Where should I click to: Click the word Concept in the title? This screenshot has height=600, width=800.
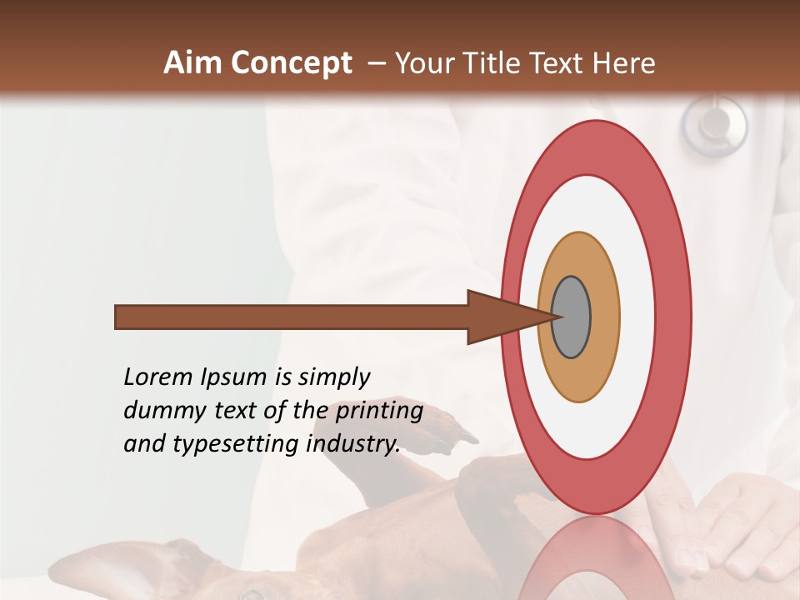point(292,63)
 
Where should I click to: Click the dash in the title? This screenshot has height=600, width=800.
point(376,63)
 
